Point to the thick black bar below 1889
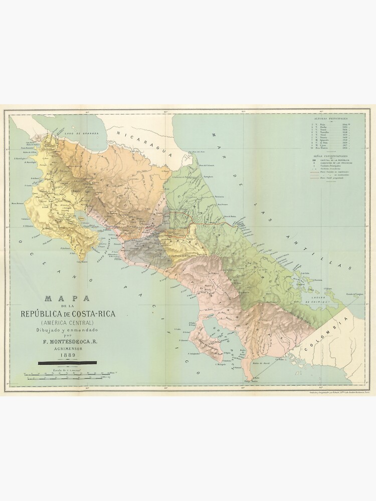coord(68,362)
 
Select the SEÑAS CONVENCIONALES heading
coord(331,156)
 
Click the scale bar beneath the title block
coord(68,374)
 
